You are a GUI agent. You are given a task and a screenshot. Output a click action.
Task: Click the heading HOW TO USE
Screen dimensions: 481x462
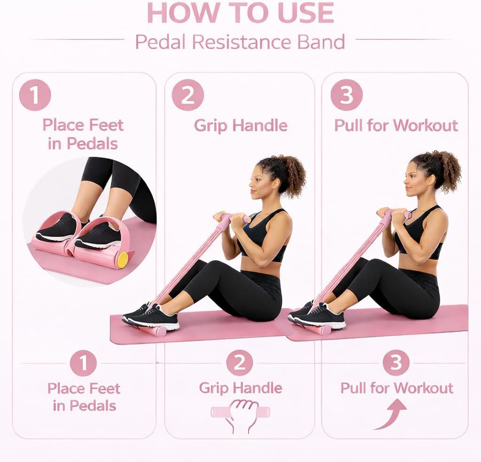(240, 13)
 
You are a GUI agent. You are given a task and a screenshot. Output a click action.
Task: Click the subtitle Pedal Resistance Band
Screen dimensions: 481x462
(240, 42)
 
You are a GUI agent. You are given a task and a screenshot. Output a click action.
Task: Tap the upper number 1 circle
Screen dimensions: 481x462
(35, 95)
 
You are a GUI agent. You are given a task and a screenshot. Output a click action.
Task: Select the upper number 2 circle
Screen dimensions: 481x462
(188, 95)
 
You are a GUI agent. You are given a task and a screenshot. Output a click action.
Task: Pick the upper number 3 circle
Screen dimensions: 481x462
(347, 95)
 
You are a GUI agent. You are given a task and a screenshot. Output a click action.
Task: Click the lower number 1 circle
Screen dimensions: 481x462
(83, 364)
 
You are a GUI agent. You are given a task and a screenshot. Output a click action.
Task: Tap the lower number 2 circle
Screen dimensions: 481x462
(240, 363)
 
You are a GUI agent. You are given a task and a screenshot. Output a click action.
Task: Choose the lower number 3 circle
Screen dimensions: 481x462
(396, 363)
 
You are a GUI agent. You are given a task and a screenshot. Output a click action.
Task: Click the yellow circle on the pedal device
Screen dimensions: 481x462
(124, 259)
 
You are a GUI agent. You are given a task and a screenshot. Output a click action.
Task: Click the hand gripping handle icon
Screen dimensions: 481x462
(240, 416)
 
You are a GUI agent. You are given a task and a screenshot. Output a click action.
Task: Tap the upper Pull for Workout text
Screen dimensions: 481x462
(396, 126)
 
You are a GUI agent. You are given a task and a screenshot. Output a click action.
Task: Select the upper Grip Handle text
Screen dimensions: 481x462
(241, 126)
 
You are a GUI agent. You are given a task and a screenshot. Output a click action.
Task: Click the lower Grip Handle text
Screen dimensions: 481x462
(240, 388)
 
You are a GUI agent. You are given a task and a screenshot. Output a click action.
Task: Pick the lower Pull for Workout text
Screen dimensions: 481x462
(396, 388)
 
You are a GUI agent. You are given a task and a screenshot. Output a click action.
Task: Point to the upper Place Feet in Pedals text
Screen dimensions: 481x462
(83, 134)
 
